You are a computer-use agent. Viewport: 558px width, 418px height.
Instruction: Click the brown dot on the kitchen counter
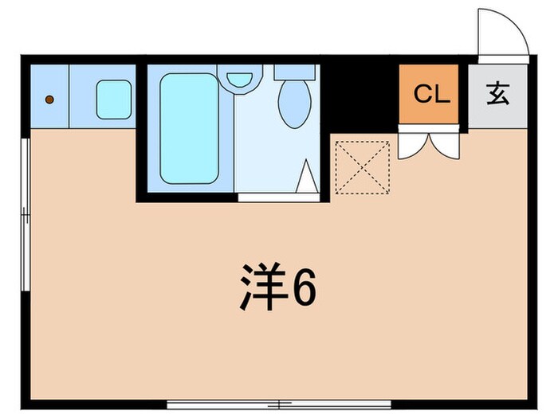click(x=49, y=100)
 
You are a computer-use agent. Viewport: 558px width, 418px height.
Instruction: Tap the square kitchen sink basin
click(x=113, y=100)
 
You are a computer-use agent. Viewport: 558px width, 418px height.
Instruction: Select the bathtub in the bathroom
click(x=189, y=128)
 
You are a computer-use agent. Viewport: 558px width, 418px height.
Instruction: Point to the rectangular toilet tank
click(x=295, y=72)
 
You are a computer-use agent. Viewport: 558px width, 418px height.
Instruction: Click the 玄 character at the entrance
click(x=497, y=95)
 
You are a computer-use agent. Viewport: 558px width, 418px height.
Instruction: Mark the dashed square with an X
click(x=362, y=167)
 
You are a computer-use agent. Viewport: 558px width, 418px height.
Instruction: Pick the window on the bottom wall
click(x=278, y=404)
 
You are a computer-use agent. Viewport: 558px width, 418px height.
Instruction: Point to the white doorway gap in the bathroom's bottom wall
click(x=278, y=196)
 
